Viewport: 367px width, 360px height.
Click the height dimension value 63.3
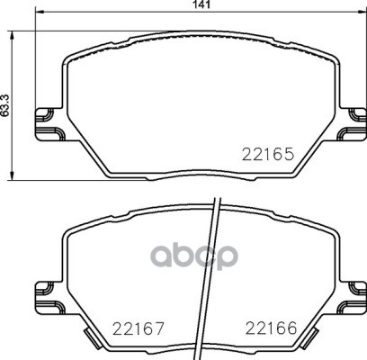(5, 105)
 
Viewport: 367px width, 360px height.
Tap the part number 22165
(267, 155)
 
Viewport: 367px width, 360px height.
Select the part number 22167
(139, 328)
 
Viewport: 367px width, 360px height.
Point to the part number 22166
(272, 328)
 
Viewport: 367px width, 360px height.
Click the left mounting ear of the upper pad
(50, 124)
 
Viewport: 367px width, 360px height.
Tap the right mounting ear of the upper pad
(352, 124)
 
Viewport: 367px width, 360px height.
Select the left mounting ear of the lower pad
(50, 298)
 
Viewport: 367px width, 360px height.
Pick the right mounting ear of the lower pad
(352, 298)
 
